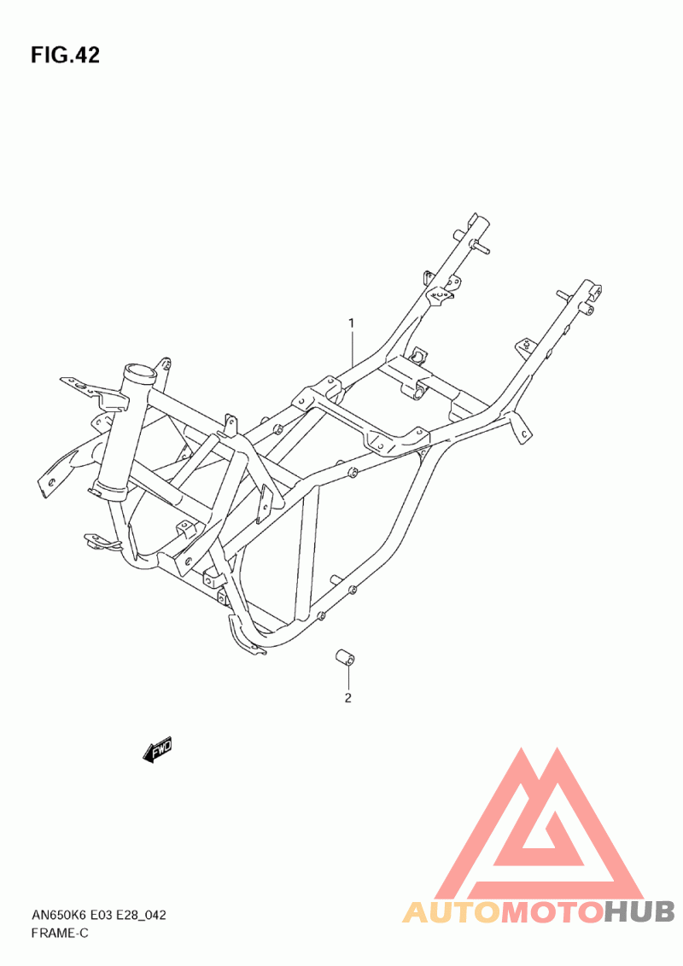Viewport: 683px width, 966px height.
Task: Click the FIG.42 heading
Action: click(65, 55)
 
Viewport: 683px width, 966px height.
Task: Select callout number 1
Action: click(350, 323)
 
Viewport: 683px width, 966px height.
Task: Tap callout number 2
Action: click(348, 698)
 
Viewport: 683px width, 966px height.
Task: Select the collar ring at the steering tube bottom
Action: click(108, 490)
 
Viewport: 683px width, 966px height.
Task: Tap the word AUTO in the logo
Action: click(451, 912)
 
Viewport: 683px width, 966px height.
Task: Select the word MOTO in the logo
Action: click(552, 912)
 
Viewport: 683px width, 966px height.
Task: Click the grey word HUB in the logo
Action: click(639, 912)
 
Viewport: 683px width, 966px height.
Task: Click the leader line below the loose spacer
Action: click(348, 679)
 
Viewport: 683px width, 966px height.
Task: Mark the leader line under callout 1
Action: click(351, 350)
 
